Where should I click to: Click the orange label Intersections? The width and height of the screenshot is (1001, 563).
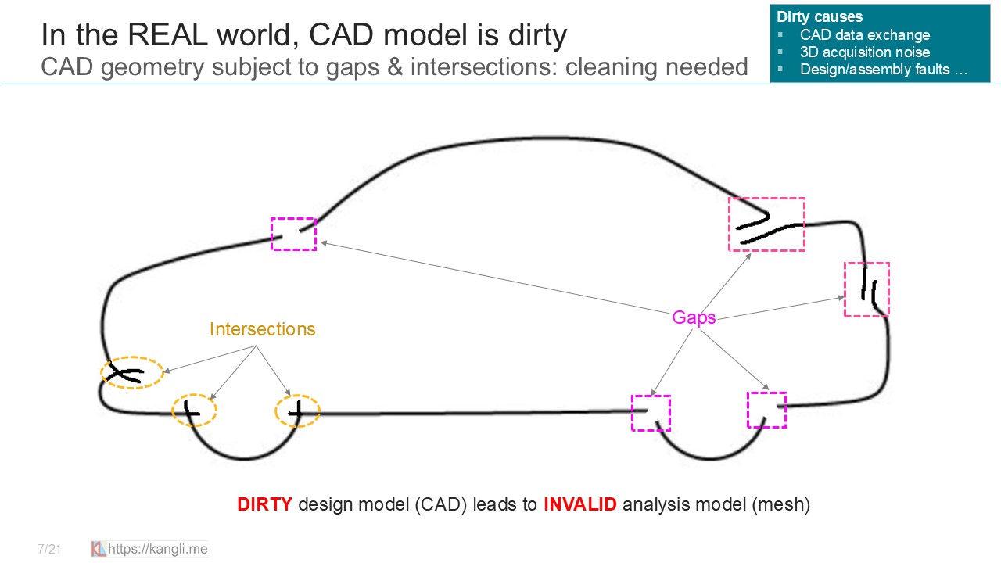262,329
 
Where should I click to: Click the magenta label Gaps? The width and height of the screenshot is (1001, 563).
694,317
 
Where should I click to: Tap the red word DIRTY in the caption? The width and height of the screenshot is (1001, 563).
265,504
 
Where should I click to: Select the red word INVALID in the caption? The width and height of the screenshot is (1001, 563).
579,504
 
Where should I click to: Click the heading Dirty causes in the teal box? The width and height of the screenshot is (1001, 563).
820,17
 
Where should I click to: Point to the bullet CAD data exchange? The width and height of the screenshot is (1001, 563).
864,35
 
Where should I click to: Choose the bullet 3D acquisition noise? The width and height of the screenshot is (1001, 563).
864,52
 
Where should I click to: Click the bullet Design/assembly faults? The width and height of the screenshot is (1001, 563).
883,70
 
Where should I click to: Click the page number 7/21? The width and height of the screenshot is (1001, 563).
48,550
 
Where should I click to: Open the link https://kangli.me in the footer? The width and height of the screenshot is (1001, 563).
157,549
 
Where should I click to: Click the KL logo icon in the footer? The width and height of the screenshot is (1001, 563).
99,549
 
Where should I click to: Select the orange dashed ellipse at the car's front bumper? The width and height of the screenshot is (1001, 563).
132,373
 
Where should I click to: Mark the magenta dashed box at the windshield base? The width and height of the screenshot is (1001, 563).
293,234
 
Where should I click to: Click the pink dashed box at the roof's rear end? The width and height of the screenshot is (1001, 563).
766,224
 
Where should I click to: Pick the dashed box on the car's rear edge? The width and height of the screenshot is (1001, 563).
866,289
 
